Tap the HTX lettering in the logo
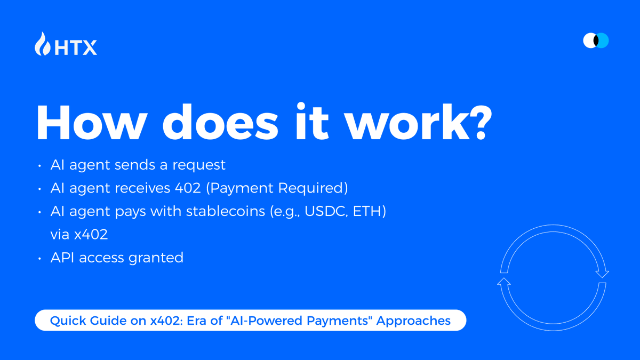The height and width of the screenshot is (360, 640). pos(76,47)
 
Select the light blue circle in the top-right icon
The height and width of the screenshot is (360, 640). pos(603,41)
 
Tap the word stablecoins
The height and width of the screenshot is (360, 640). pos(226,211)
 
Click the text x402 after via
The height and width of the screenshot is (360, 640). pos(91,235)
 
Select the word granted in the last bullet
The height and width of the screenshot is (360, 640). pos(156,258)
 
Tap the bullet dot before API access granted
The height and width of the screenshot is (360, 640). pos(39,259)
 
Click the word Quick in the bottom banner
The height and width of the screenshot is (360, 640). pos(68,321)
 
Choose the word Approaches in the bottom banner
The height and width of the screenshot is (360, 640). pos(413,321)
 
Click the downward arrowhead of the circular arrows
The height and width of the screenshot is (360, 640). pos(602,274)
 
